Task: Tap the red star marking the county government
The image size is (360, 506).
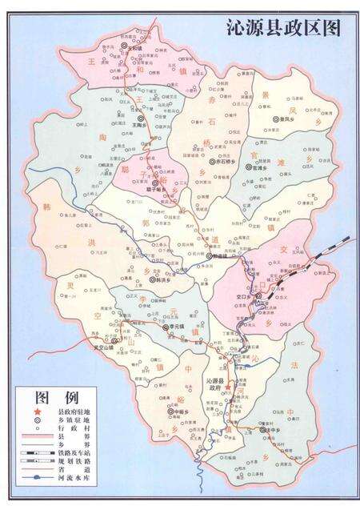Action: tap(228, 387)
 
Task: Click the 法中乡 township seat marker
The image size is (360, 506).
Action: tap(264, 429)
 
